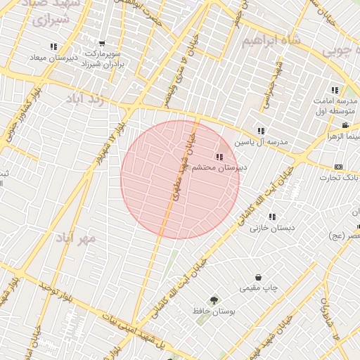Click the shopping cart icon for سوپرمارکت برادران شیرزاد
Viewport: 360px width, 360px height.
(103, 44)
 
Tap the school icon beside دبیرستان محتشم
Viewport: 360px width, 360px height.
(220, 157)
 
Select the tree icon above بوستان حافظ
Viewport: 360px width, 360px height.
(214, 300)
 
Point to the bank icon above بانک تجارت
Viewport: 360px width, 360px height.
(339, 167)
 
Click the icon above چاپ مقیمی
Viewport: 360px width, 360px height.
(259, 278)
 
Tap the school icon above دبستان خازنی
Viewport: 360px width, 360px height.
(272, 217)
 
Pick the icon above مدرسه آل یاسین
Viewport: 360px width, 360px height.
(261, 131)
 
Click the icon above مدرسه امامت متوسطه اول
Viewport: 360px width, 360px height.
(335, 90)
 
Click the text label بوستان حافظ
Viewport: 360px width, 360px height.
(214, 311)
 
